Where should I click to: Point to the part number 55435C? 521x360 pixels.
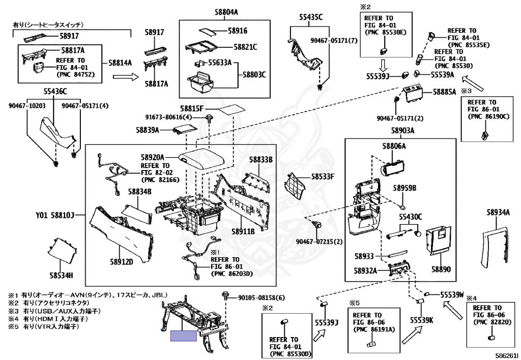point(310,17)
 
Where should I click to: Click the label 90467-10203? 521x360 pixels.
point(27,106)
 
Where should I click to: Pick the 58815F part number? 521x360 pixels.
point(191,109)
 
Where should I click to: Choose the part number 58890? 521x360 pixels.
point(441,268)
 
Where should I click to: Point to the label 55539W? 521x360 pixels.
point(452,294)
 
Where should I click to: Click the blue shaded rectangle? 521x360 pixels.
point(184,336)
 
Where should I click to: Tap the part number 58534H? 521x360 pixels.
point(61,275)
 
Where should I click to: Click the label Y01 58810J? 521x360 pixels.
point(55,215)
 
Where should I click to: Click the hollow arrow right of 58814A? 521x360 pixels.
point(125,77)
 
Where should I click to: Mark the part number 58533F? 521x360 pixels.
point(323,177)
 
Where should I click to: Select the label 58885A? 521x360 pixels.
point(444,93)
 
